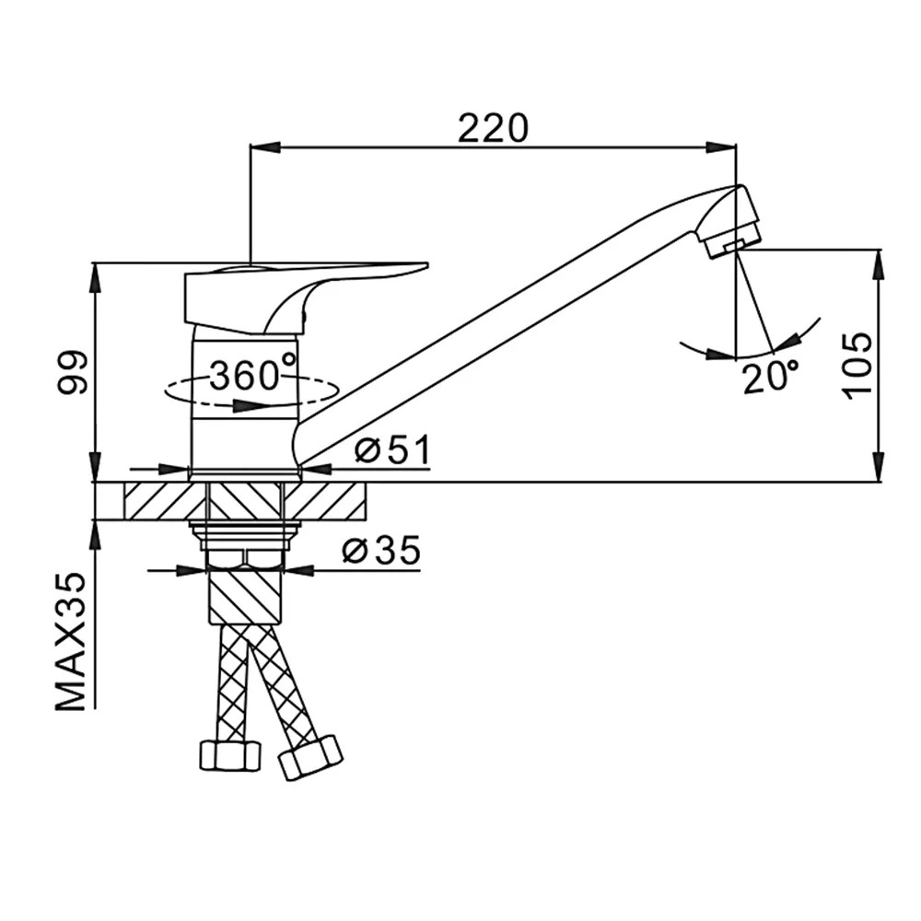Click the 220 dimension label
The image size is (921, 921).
coord(493,129)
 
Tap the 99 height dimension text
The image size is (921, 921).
coord(73,373)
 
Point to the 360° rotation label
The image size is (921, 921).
coord(252,375)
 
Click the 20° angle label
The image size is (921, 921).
coord(771,377)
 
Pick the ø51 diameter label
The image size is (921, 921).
coord(392,449)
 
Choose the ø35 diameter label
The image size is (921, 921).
coord(381,551)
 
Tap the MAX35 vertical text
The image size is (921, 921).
coord(72,641)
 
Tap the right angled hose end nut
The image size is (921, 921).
coord(310,758)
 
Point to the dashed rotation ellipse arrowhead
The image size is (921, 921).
coord(246,406)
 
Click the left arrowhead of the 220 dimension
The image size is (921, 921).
coord(265,146)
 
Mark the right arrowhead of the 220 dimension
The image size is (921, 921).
coord(720,146)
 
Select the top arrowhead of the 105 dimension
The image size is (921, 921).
coord(880,264)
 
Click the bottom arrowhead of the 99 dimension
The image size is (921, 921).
coord(95,467)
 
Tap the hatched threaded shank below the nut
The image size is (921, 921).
coord(246,596)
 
